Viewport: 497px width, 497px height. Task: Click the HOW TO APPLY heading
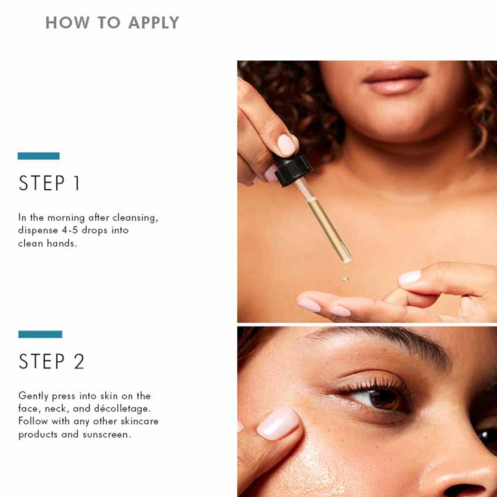[x=112, y=22]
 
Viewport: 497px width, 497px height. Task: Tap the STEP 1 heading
[x=50, y=184]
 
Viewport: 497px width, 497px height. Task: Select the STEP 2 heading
[x=51, y=362]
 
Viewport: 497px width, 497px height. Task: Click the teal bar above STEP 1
[x=38, y=156]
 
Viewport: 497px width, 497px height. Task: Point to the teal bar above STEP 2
[x=40, y=334]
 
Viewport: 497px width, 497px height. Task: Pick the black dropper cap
[x=293, y=170]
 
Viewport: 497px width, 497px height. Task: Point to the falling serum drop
[x=345, y=279]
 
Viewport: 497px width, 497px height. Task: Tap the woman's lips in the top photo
[x=396, y=81]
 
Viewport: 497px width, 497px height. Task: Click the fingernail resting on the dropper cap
[x=286, y=145]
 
